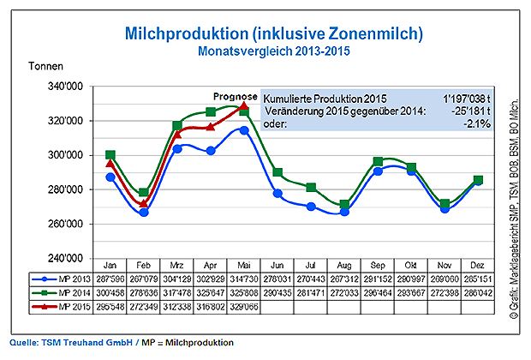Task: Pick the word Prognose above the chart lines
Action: coord(235,95)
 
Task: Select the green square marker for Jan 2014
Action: coord(110,155)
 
